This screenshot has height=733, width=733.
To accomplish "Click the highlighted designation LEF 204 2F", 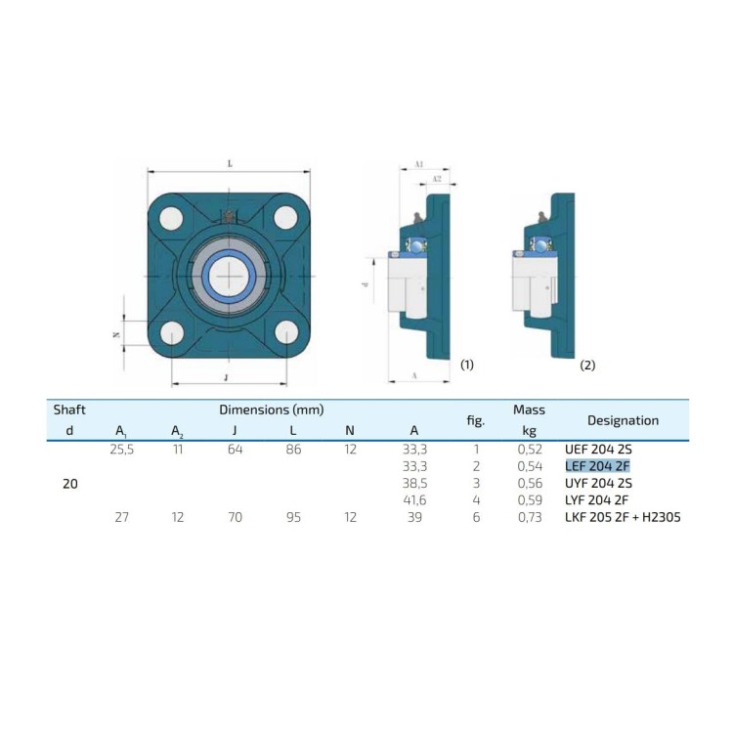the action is point(597,466).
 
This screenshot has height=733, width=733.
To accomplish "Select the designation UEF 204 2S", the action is point(598,450).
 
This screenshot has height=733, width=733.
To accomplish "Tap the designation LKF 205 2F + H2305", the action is point(623,517).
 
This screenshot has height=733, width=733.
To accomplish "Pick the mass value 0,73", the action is point(530,517).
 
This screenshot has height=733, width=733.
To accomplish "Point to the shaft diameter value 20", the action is point(70,484).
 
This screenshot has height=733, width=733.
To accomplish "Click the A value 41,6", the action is point(414,500).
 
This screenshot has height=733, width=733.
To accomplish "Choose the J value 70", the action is point(235,517).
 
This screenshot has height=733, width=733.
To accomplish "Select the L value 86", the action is point(293,450).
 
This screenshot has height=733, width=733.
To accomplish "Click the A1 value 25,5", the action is point(122,450).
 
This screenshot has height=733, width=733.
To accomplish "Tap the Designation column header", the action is point(623,420).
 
